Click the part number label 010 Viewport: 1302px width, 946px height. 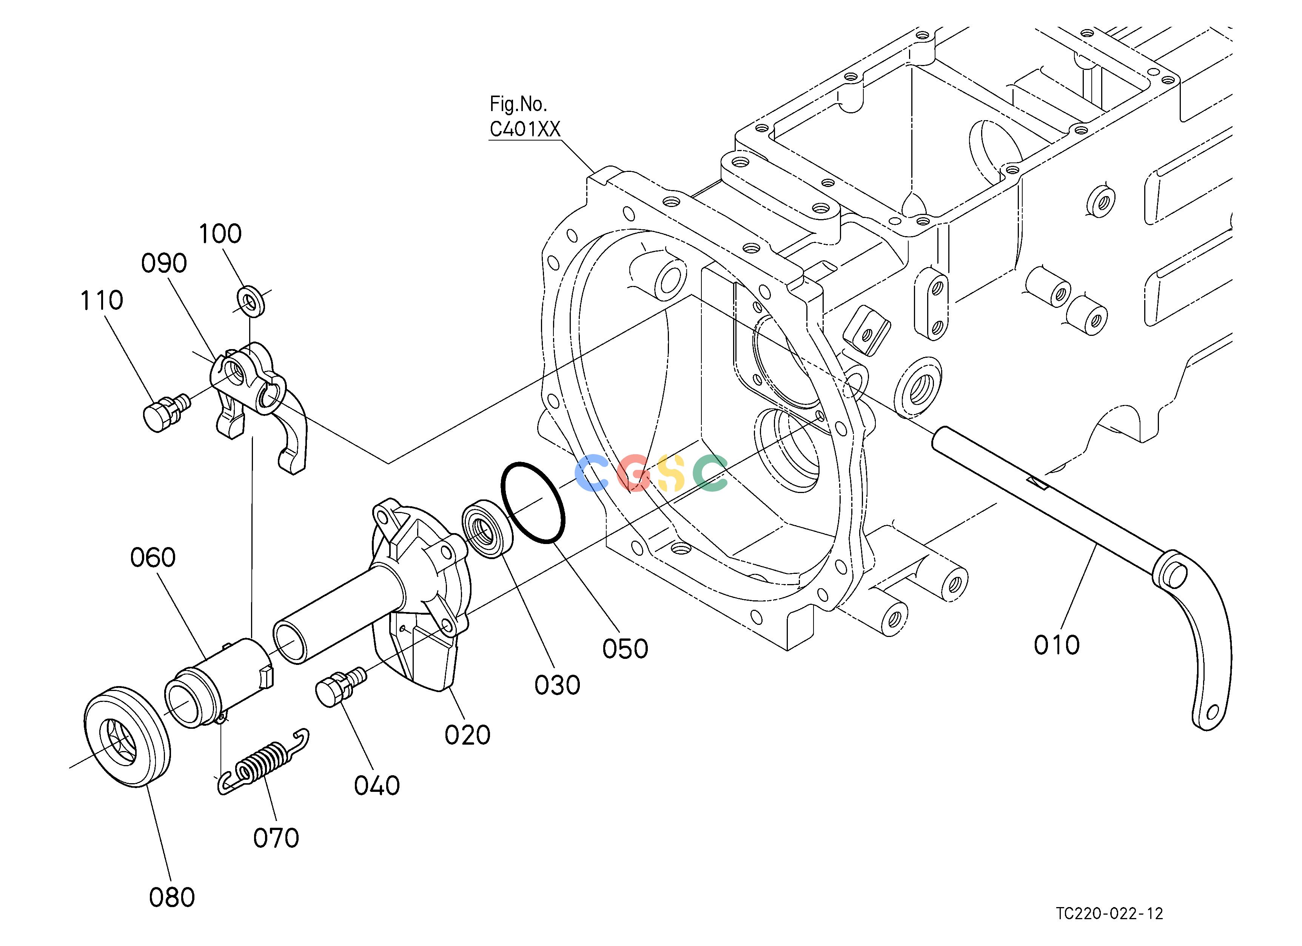pos(1057,645)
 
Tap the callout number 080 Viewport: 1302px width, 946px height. pos(172,898)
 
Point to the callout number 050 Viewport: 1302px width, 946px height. pos(625,649)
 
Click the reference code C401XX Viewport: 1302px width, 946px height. pos(525,130)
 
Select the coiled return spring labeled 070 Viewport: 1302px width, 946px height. pos(263,763)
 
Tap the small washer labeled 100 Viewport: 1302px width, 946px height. pos(251,299)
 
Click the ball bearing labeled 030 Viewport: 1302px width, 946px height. pos(487,529)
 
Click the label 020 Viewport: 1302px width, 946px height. pos(467,735)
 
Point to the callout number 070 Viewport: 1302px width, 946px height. pos(276,839)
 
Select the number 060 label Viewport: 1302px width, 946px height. pos(153,558)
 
